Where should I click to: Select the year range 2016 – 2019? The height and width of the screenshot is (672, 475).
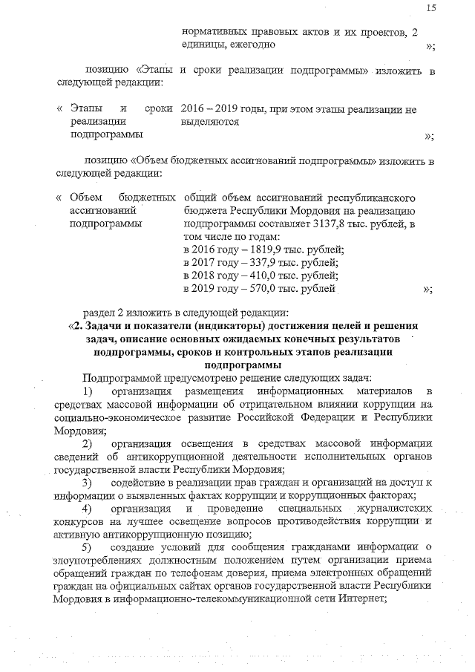point(209,109)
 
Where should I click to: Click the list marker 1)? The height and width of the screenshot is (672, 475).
point(87,391)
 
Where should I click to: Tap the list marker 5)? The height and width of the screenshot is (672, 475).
point(87,547)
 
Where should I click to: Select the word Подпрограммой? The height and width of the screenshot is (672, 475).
point(118,377)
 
